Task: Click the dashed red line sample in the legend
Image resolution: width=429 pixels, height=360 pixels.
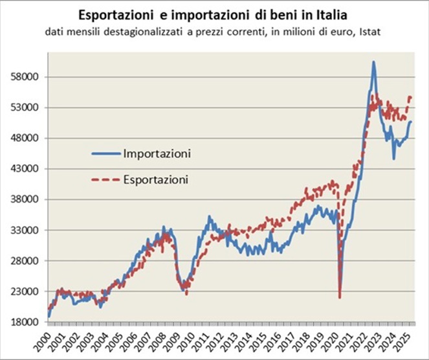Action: tap(104, 179)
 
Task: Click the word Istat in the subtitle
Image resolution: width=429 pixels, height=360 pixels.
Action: tap(368, 32)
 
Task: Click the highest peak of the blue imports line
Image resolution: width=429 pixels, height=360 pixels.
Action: tap(373, 62)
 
